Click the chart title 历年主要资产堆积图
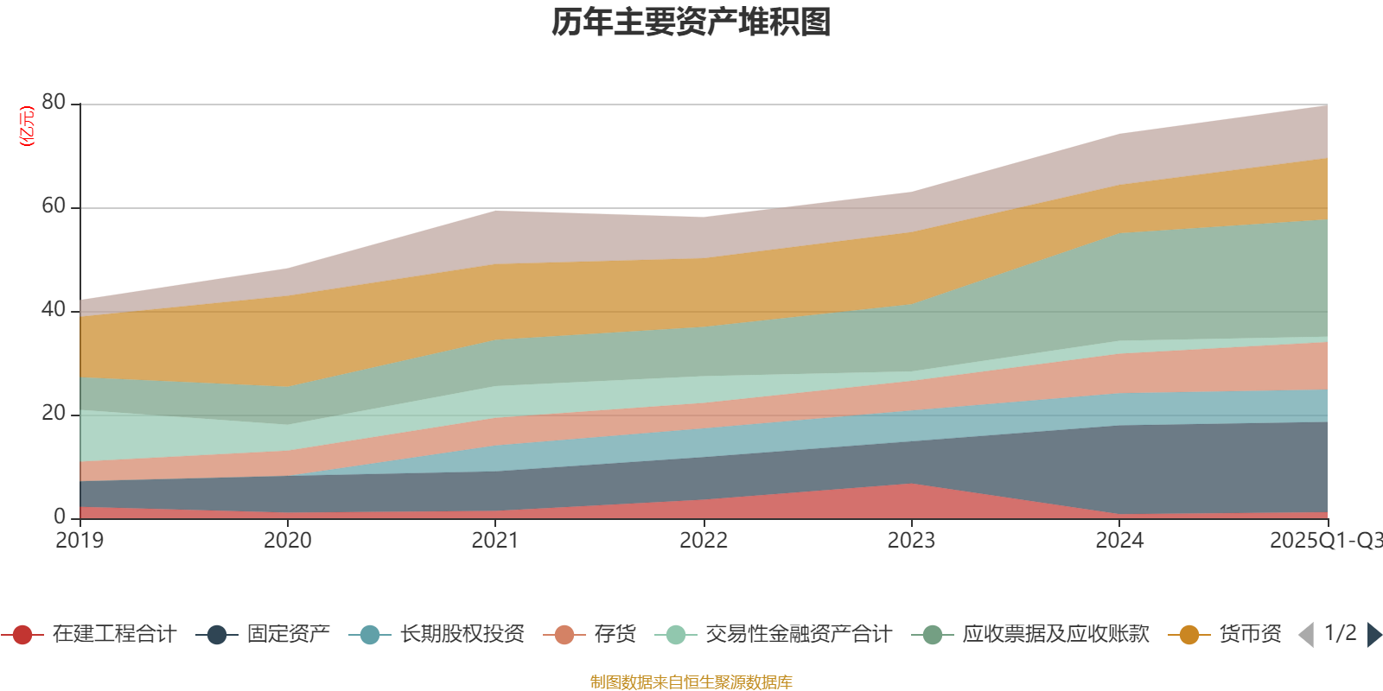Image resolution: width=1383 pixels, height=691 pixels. click(691, 22)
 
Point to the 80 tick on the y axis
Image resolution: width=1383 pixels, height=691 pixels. click(54, 103)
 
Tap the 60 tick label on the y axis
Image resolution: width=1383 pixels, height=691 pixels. click(54, 206)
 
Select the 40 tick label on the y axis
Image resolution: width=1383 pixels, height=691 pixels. click(54, 310)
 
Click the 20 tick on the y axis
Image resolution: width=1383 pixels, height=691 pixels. click(54, 414)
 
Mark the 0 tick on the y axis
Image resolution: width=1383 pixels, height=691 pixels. click(60, 517)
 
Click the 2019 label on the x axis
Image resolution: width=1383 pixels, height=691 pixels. click(80, 541)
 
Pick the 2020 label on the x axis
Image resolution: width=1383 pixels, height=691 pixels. click(288, 541)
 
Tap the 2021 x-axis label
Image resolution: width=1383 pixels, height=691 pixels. click(495, 541)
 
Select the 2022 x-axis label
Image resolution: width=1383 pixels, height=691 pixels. click(704, 541)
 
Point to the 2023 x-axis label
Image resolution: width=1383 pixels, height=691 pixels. click(911, 541)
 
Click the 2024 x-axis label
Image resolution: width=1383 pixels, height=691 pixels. click(1119, 541)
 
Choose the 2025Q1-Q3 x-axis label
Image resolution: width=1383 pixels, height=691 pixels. click(1324, 541)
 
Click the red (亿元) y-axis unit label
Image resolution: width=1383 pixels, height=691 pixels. click(28, 126)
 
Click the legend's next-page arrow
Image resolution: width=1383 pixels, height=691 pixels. click(1373, 635)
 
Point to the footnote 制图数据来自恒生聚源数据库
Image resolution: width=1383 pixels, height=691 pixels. click(691, 682)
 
